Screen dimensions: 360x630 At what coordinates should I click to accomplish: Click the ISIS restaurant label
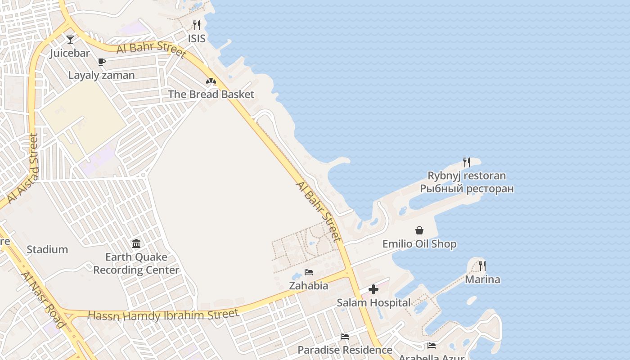tap(197, 39)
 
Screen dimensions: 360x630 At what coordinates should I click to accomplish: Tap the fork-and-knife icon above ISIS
tap(197, 25)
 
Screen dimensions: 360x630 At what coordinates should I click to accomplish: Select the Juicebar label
tap(70, 53)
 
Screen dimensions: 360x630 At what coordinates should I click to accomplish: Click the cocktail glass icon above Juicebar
tap(70, 40)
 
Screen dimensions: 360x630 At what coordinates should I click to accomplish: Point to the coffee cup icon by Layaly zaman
tap(102, 62)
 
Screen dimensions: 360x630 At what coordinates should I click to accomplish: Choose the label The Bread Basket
tap(211, 94)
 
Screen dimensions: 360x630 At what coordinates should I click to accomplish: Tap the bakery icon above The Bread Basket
tap(211, 81)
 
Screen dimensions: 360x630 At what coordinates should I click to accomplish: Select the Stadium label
tap(47, 250)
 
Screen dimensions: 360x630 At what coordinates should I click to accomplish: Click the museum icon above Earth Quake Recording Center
tap(136, 244)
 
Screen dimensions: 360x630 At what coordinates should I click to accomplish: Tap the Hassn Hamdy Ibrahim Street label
tap(163, 315)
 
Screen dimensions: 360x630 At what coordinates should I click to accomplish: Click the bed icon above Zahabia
tap(309, 272)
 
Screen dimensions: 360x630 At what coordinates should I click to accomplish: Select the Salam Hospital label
tap(373, 303)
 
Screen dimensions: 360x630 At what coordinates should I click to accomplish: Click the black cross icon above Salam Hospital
tap(373, 289)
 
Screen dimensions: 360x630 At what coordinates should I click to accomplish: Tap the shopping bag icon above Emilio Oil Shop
tap(419, 230)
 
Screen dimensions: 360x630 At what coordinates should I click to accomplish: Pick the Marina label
tap(482, 279)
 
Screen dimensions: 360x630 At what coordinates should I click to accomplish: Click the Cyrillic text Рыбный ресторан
tap(467, 189)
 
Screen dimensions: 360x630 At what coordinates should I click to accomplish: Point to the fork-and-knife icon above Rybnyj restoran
tap(467, 162)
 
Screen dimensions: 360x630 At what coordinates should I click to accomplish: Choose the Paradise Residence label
tap(345, 350)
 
